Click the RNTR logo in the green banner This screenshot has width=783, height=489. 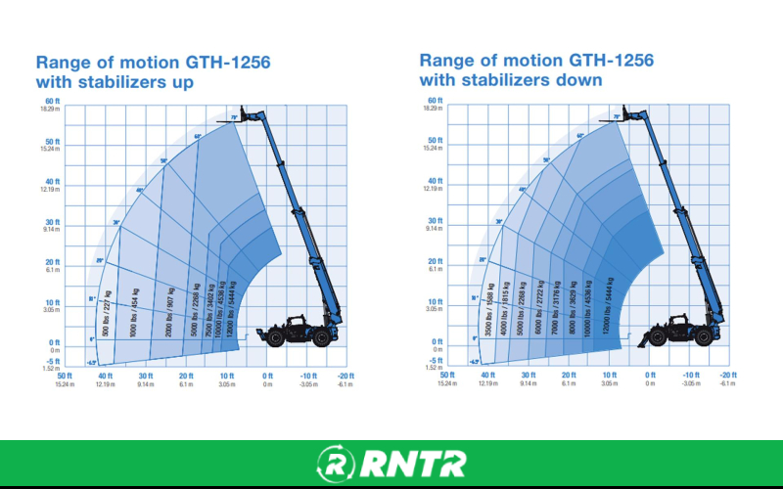point(391,463)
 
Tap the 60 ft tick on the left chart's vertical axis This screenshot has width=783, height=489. point(52,101)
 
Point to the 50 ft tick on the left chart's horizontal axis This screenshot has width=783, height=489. point(65,376)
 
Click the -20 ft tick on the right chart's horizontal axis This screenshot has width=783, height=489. point(727,376)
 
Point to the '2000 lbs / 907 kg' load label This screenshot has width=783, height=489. point(171,311)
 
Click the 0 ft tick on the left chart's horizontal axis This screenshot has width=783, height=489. point(267,376)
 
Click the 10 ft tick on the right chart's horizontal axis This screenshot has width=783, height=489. point(611,376)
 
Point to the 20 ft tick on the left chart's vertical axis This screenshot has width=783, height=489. point(52,261)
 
